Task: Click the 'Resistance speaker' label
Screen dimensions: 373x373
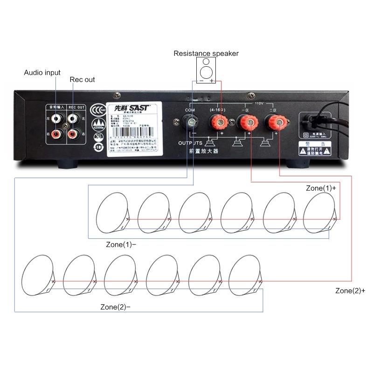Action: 206,53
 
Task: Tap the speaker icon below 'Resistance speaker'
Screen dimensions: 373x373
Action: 207,70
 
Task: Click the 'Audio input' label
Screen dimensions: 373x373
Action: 42,73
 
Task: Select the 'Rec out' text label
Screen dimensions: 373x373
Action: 82,80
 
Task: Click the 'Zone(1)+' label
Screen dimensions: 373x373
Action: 321,188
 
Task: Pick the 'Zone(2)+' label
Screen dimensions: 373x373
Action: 350,290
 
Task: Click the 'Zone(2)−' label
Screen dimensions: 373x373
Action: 116,307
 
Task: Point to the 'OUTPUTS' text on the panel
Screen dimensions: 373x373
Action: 191,143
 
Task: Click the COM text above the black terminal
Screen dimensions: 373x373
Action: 190,110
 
